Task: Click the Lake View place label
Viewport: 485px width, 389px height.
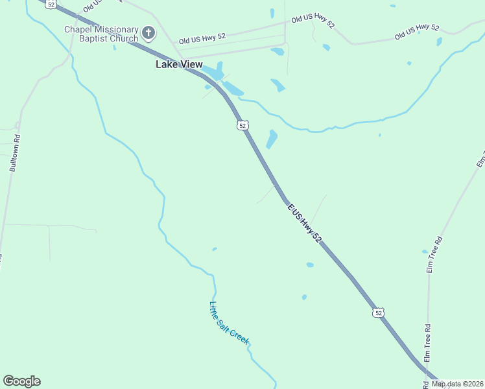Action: [x=179, y=64]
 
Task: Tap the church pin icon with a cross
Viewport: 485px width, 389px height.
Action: [x=148, y=32]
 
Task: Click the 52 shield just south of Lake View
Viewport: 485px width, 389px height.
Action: [x=242, y=124]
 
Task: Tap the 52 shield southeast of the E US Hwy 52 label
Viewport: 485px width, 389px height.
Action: [x=379, y=312]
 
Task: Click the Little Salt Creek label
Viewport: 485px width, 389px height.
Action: [x=229, y=324]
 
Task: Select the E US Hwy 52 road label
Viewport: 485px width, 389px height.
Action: [x=304, y=222]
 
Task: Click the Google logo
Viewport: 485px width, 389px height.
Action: [x=21, y=381]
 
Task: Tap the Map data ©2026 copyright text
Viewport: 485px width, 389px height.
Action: [x=458, y=384]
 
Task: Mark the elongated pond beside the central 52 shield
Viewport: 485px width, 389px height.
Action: [x=272, y=139]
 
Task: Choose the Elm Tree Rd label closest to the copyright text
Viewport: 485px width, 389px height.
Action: [x=427, y=343]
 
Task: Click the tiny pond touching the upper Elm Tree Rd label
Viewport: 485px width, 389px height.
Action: [x=425, y=252]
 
